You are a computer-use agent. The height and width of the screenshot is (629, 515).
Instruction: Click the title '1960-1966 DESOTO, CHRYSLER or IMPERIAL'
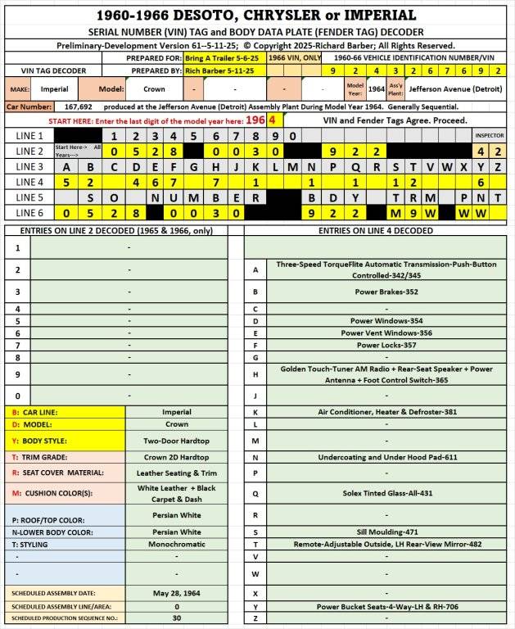tap(256, 15)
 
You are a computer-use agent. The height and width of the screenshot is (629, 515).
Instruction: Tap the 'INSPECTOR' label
tap(490, 136)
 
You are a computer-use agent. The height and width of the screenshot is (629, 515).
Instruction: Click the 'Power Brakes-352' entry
tap(377, 291)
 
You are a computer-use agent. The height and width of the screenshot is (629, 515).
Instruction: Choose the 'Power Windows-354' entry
tap(377, 322)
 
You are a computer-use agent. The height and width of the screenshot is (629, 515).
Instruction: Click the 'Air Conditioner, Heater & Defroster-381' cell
tap(377, 412)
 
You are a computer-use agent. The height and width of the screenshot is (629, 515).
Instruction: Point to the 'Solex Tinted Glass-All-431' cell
tap(377, 494)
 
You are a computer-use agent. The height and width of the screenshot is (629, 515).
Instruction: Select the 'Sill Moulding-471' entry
tap(377, 532)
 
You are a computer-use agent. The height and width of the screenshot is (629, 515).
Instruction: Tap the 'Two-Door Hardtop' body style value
tap(178, 440)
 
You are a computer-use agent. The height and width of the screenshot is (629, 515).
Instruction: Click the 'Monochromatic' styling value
tap(178, 543)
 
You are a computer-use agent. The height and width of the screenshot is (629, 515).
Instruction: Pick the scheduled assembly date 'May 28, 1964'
tap(178, 592)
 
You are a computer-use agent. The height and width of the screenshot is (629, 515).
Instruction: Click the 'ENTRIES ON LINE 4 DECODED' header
tap(377, 230)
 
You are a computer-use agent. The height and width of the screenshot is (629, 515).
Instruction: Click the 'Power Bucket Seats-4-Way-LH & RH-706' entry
tap(377, 607)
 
